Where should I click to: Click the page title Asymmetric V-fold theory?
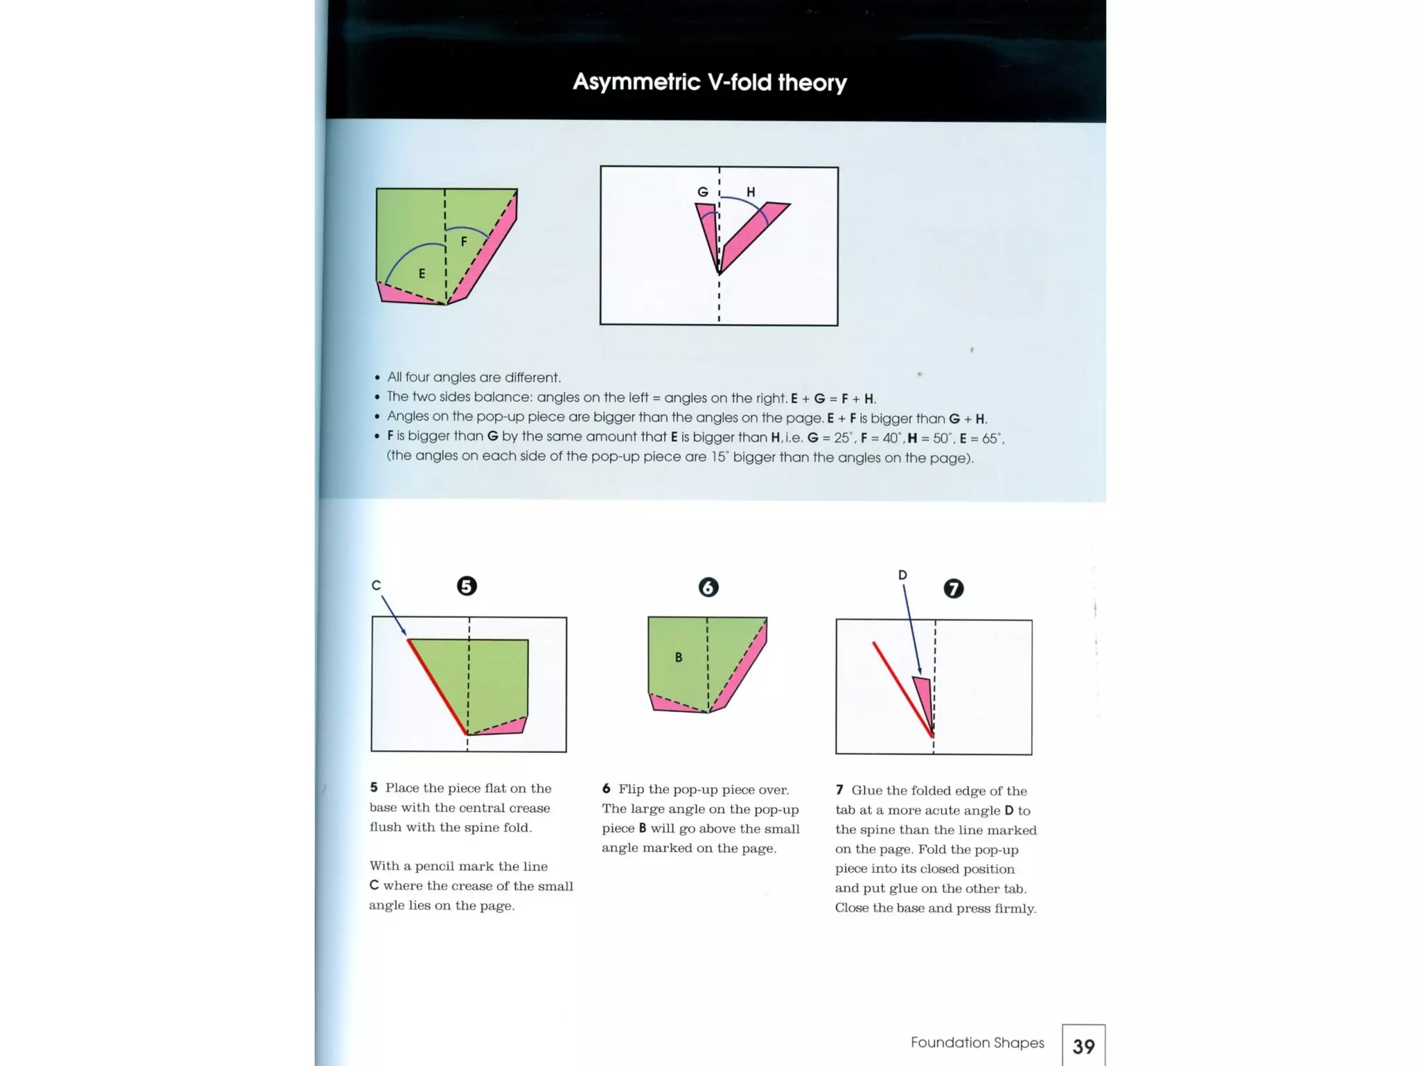tap(709, 83)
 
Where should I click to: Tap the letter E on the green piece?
tap(421, 273)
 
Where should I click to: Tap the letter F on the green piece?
tap(463, 242)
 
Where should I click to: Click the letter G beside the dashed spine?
tap(702, 192)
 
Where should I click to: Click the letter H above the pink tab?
tap(750, 192)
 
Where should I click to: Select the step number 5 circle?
tap(466, 586)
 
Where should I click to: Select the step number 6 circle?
tap(708, 588)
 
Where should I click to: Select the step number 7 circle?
tap(953, 589)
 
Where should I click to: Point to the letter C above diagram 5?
tap(376, 586)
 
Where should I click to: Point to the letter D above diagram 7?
tap(902, 575)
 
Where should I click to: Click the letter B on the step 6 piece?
tap(678, 657)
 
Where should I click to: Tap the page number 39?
tap(1083, 1046)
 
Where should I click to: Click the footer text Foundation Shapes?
tap(977, 1042)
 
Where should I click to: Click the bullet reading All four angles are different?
tap(473, 378)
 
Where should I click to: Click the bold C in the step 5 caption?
tap(374, 886)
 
